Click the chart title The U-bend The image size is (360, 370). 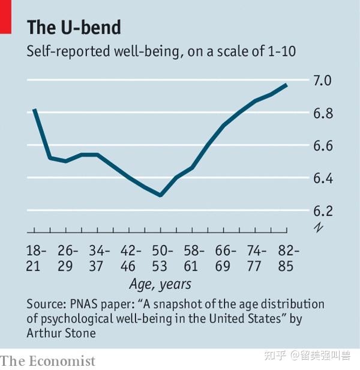(x=74, y=28)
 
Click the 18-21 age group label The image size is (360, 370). (x=34, y=258)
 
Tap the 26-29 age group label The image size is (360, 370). (x=66, y=258)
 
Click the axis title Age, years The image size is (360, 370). (x=160, y=284)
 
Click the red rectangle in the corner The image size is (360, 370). (x=5, y=16)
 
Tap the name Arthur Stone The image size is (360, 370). (x=61, y=332)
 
